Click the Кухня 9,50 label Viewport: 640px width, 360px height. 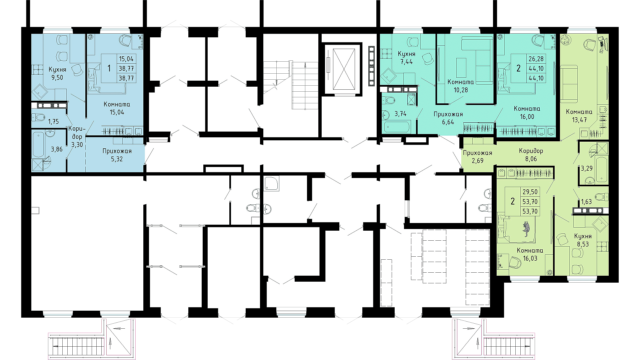coord(57,73)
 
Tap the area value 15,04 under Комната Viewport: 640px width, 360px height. coord(117,112)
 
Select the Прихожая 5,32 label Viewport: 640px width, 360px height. coord(117,155)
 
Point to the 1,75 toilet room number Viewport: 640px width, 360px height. coord(53,122)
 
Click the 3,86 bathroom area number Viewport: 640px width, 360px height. coord(57,149)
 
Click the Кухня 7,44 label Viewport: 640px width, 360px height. coord(406,57)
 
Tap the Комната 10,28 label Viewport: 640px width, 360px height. coord(461,86)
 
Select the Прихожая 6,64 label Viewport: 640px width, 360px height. coord(448,118)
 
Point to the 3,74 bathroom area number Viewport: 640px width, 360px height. coord(400,114)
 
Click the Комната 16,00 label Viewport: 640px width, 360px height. coord(527,113)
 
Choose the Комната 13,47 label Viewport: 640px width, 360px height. coord(579,116)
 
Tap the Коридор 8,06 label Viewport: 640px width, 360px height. coord(531,155)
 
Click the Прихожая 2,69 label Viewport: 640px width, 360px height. coord(478,157)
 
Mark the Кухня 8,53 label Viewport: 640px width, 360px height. coord(583,240)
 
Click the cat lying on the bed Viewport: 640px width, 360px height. coord(526,229)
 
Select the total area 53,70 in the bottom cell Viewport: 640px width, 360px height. coord(530,211)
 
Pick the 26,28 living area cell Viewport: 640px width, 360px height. coord(536,59)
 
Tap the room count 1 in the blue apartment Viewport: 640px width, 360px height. coord(109,68)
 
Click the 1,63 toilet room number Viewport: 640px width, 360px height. coord(586,202)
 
